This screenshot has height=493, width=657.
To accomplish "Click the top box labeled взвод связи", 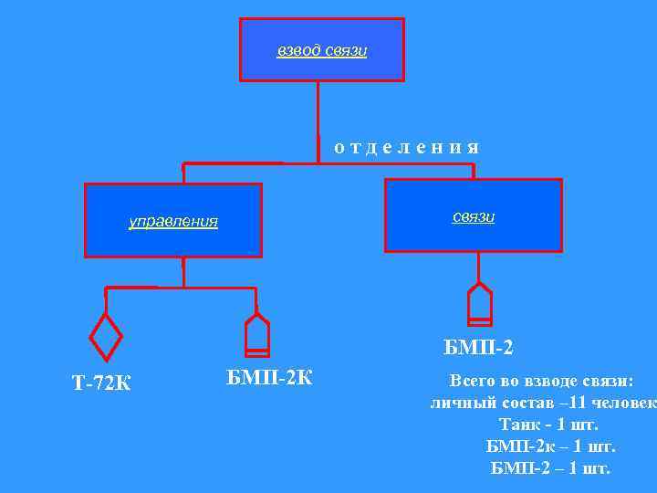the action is (x=322, y=49).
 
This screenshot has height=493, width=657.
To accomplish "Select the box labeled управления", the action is (x=173, y=220).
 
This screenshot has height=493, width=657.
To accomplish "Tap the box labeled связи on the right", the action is (x=474, y=215).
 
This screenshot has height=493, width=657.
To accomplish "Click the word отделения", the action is (x=406, y=147).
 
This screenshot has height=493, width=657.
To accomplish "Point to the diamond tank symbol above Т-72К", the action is (x=107, y=337).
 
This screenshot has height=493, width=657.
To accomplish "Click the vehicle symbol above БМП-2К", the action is (x=257, y=333).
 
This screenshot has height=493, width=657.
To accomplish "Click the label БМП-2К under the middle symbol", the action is (x=268, y=376).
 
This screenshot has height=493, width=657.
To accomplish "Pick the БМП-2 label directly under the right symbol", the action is (x=478, y=347).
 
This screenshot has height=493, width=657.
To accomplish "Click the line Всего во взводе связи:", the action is (x=541, y=382).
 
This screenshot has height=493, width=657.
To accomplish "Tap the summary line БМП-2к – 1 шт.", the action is (x=551, y=446).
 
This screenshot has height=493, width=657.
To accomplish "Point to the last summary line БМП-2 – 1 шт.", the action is (x=550, y=468).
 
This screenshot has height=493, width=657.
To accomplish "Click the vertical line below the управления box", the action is (x=183, y=272).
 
